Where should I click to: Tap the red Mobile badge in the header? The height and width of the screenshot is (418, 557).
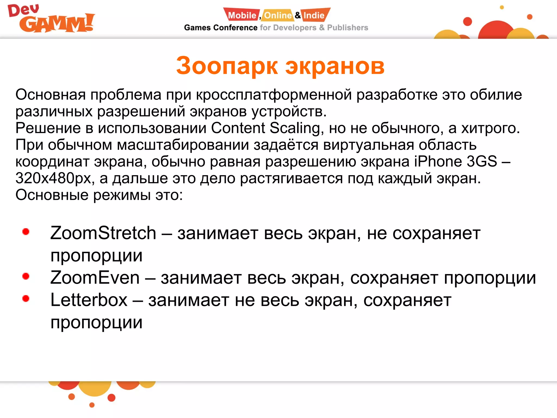[x=242, y=15]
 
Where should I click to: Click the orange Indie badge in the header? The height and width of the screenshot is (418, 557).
[x=314, y=15]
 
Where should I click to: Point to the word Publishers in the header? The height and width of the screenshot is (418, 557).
[x=347, y=28]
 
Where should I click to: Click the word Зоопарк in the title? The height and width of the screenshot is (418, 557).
[x=227, y=66]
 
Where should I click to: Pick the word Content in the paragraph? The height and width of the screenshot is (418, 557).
[x=238, y=128]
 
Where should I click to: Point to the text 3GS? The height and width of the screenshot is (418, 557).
[x=482, y=161]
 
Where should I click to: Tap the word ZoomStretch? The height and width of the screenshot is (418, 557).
[x=103, y=233]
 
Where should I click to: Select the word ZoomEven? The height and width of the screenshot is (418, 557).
[x=95, y=278]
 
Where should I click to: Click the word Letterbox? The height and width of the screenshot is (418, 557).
[x=89, y=300]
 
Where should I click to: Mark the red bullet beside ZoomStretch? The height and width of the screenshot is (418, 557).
[x=26, y=232]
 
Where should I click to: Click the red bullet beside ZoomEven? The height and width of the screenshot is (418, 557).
[x=26, y=276]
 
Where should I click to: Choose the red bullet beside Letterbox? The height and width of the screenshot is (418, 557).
[x=26, y=299]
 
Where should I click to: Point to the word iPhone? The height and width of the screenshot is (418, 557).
[x=438, y=161]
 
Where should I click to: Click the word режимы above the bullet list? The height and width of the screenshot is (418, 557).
[x=122, y=195]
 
